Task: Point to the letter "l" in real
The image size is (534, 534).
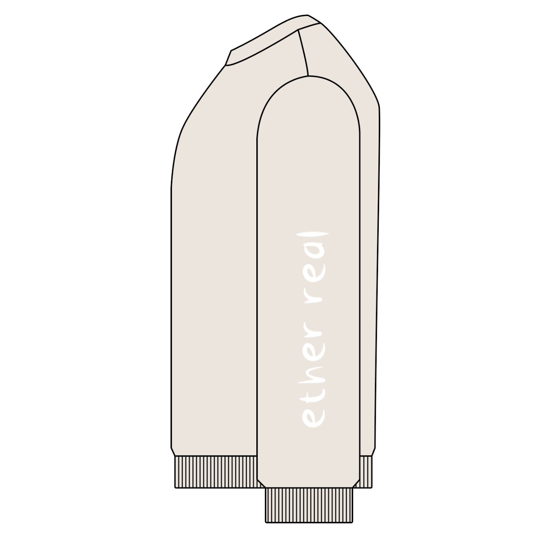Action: click(316, 235)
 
